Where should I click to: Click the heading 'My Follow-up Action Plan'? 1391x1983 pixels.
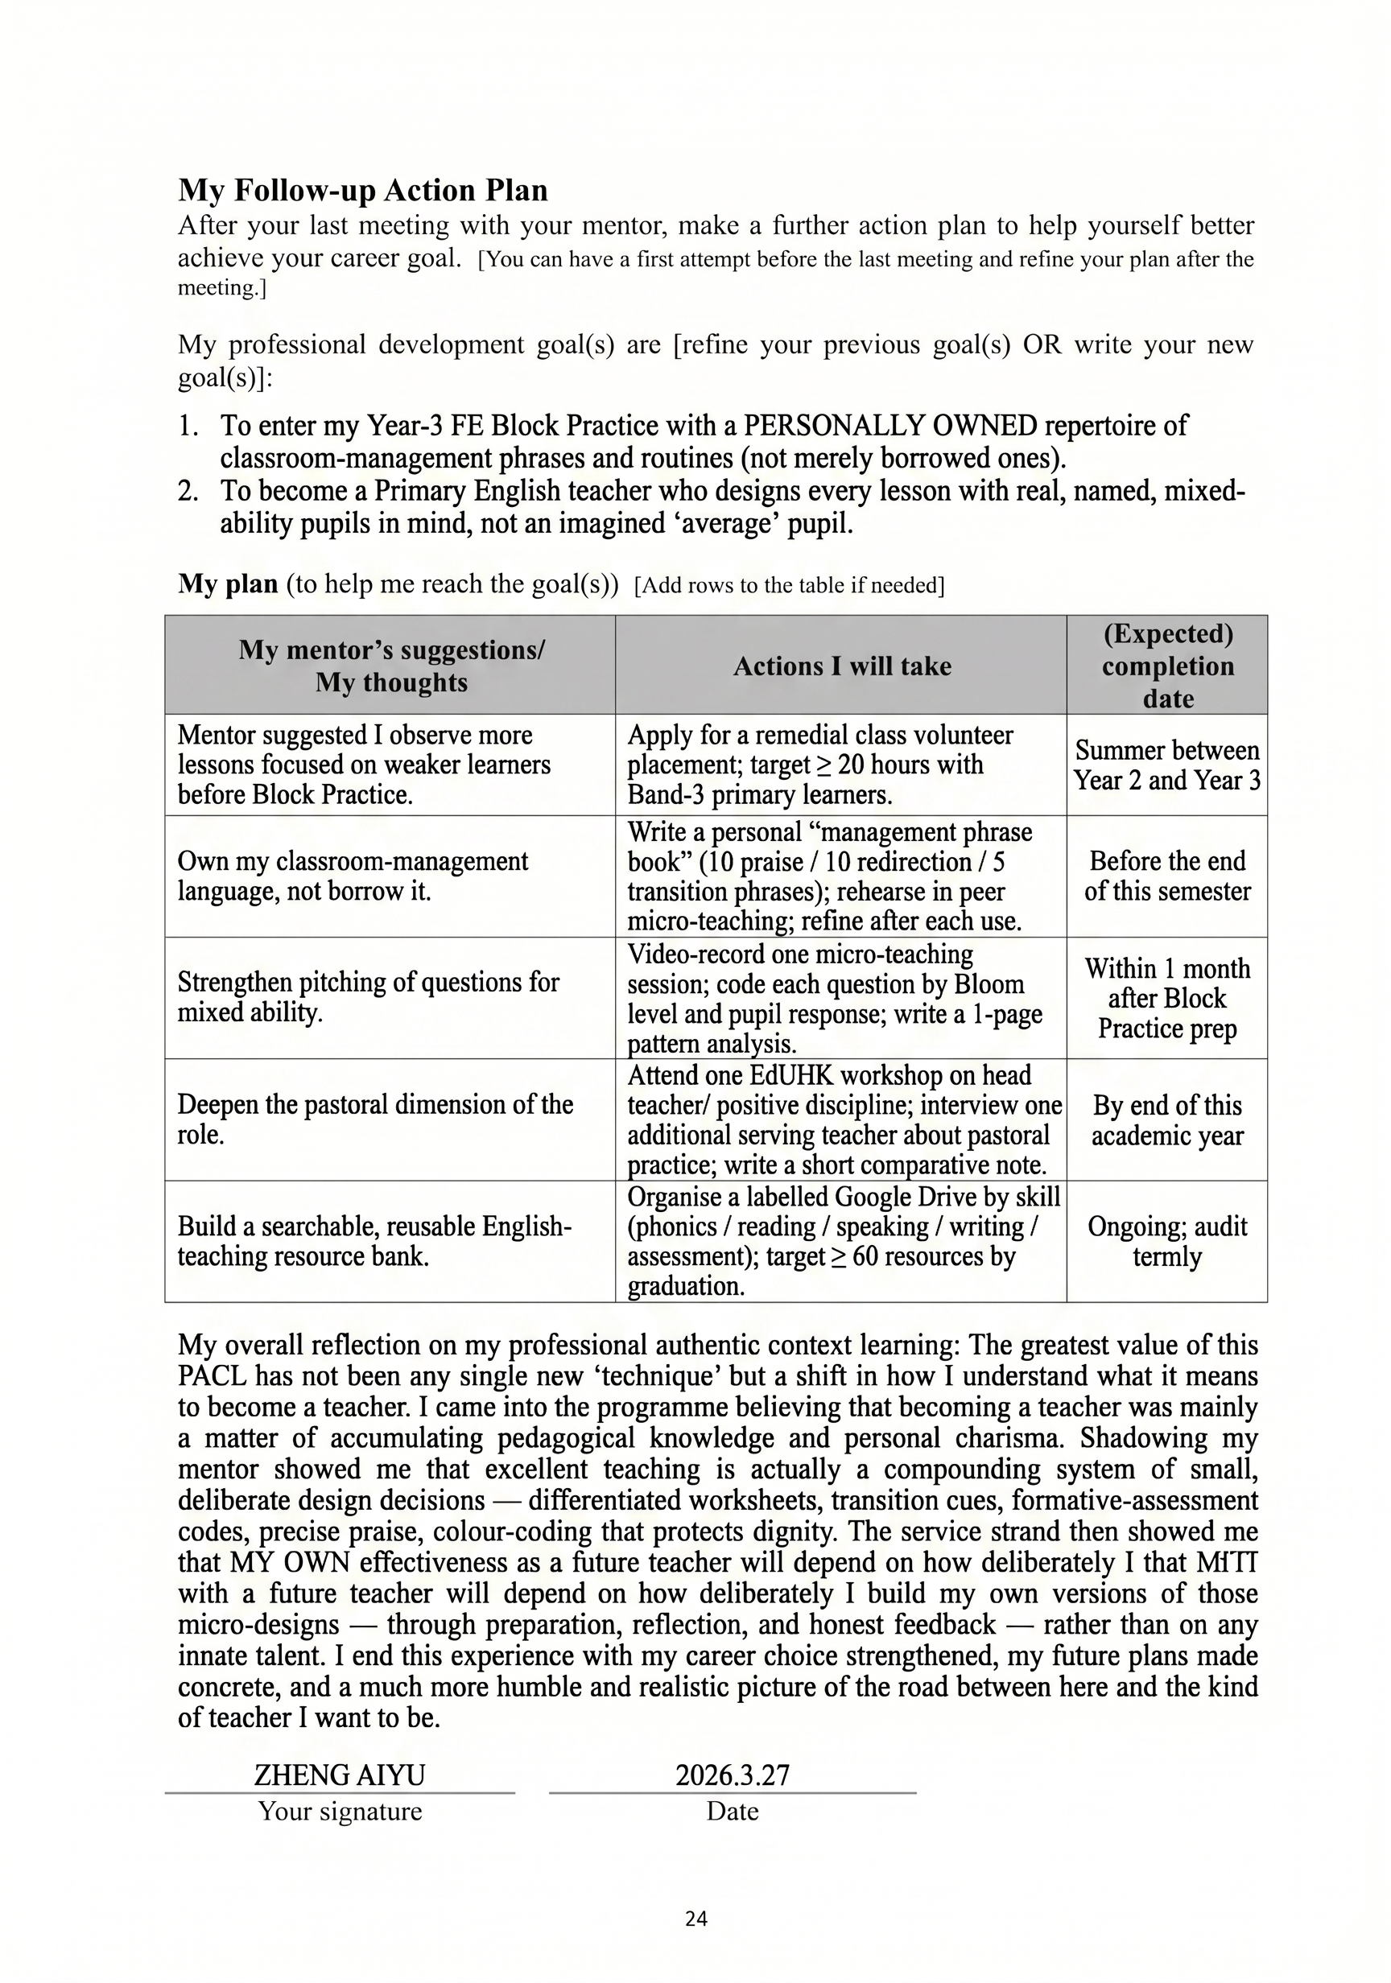coord(363,190)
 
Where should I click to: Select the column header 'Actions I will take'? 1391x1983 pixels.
coord(841,666)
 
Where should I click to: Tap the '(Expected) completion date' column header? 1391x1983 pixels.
coord(1167,665)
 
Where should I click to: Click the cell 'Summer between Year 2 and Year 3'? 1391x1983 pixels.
coord(1167,765)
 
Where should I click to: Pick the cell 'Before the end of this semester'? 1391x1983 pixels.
coord(1167,876)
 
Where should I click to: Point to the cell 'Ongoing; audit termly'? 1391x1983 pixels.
coord(1167,1241)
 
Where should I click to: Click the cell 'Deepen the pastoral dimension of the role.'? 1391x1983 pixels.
coord(375,1119)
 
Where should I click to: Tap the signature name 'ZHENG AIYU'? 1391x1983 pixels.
coord(340,1775)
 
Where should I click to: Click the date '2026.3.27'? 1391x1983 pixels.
coord(732,1775)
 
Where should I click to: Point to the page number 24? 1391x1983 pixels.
coord(695,1919)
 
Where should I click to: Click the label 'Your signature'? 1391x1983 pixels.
coord(340,1811)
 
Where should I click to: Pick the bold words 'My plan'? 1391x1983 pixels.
coord(228,583)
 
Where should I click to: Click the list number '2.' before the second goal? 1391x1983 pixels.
coord(188,491)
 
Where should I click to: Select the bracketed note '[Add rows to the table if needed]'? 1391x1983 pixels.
coord(789,586)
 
